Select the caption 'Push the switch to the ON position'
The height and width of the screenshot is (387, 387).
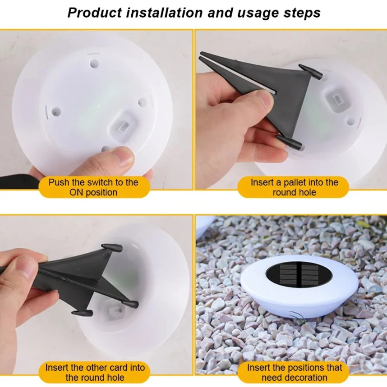[93, 187]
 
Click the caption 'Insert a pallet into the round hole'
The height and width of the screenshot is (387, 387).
[294, 187]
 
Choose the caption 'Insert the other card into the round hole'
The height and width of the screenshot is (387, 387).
[95, 372]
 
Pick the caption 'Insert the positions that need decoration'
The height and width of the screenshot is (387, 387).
[294, 372]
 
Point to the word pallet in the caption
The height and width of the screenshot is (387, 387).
[291, 182]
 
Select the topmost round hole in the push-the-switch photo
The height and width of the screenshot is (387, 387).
[94, 64]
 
